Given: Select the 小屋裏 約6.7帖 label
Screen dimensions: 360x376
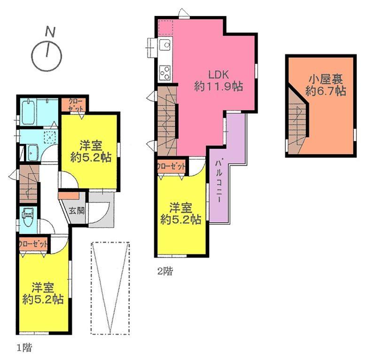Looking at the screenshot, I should click(325, 85).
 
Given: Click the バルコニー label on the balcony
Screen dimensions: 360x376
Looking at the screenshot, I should click(219, 180).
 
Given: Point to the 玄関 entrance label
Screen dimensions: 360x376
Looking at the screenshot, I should click(77, 210).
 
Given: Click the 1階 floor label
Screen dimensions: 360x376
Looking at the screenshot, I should click(24, 348).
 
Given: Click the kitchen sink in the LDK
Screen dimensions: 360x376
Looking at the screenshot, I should click(165, 47).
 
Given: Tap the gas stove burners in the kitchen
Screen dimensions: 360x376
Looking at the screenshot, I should click(165, 72).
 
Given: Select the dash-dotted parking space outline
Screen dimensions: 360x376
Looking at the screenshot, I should click(110, 288).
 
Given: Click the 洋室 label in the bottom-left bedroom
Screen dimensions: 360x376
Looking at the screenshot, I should click(44, 286).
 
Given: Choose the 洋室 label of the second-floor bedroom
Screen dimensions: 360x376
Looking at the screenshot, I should click(181, 206).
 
